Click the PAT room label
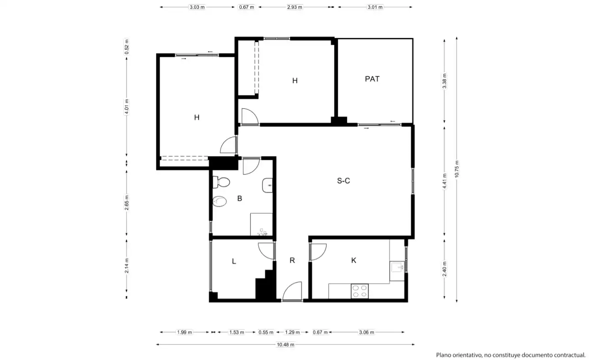pyautogui.click(x=372, y=79)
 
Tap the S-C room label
pyautogui.click(x=343, y=181)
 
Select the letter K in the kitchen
pyautogui.click(x=354, y=260)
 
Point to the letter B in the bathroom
pyautogui.click(x=240, y=198)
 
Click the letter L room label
pyautogui.click(x=234, y=261)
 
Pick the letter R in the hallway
pyautogui.click(x=292, y=260)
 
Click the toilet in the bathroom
pyautogui.click(x=221, y=182)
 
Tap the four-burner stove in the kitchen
pyautogui.click(x=359, y=291)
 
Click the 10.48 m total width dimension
pyautogui.click(x=285, y=344)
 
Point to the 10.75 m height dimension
pyautogui.click(x=457, y=169)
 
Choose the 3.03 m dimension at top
pyautogui.click(x=197, y=7)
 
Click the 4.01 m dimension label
pyautogui.click(x=126, y=107)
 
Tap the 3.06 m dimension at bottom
pyautogui.click(x=366, y=332)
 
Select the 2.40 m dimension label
pyautogui.click(x=444, y=269)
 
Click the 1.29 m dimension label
pyautogui.click(x=292, y=332)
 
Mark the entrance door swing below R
pyautogui.click(x=292, y=291)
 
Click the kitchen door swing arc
pyautogui.click(x=318, y=252)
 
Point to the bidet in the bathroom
pyautogui.click(x=220, y=201)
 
